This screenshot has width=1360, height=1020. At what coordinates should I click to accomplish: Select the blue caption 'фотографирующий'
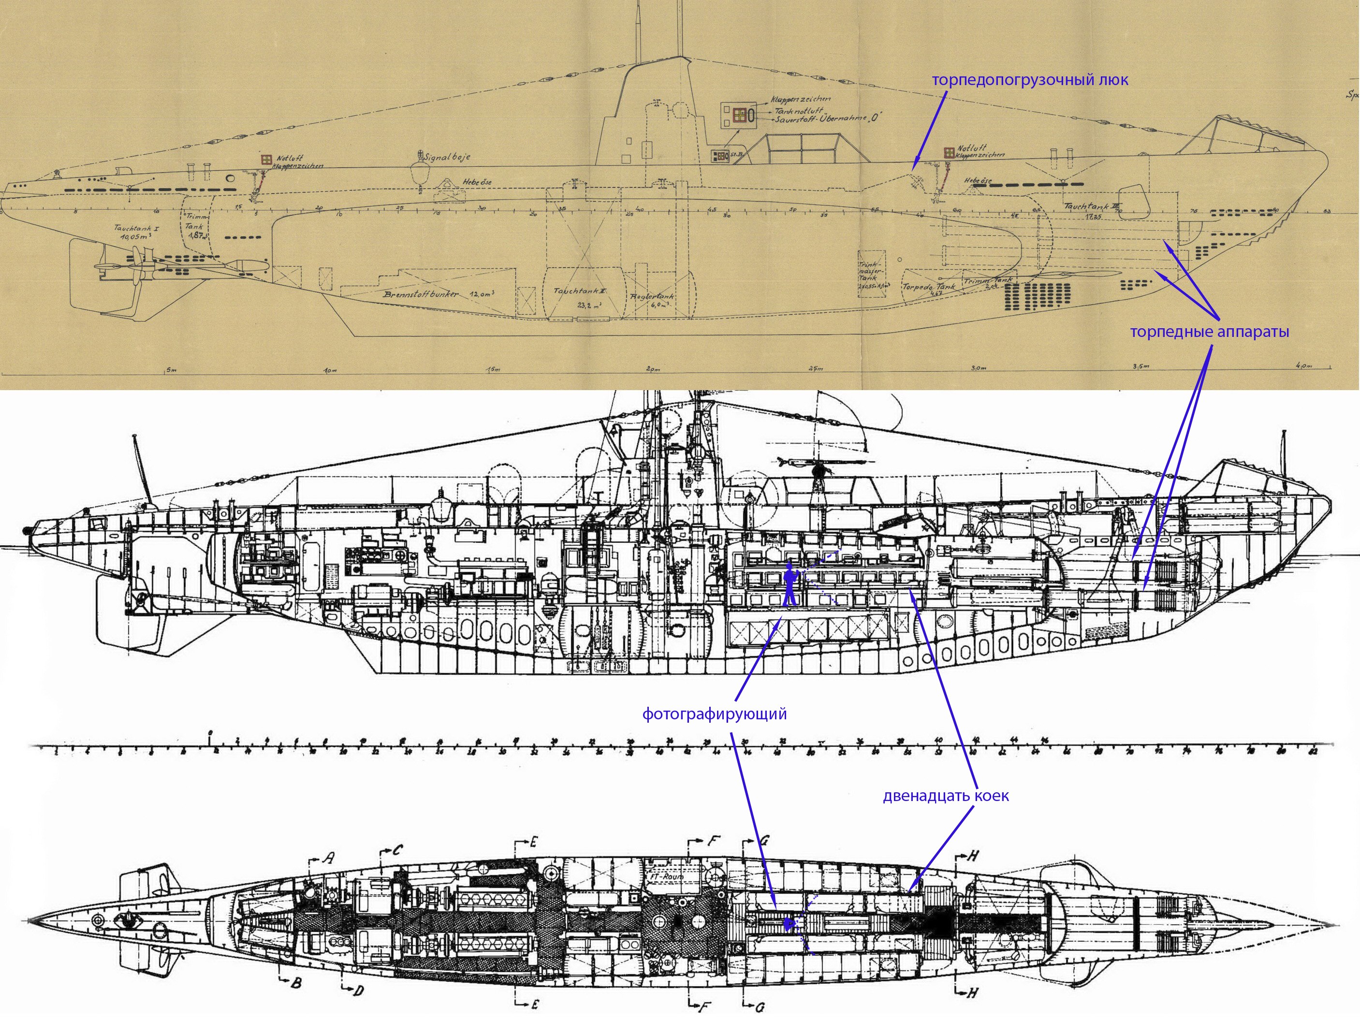[715, 714]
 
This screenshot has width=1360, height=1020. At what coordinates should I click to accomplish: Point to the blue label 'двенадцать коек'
[946, 796]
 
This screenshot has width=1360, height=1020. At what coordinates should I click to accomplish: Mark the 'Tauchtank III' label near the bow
[1088, 206]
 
